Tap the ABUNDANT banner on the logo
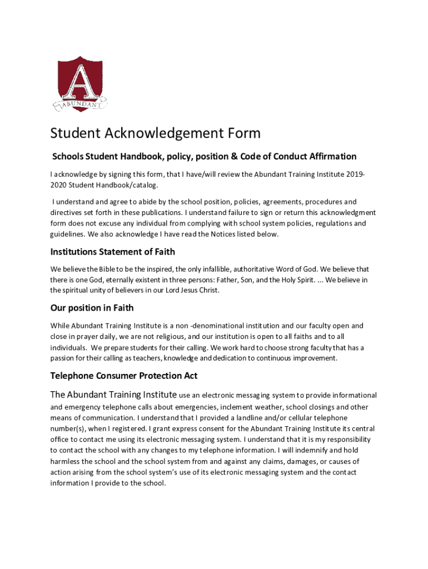coord(81,104)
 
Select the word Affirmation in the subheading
coord(329,157)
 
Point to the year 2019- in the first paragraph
coord(356,174)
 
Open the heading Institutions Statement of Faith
coord(113,252)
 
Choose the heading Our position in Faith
coord(92,308)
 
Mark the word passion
coord(63,358)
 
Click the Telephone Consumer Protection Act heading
coord(124,376)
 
